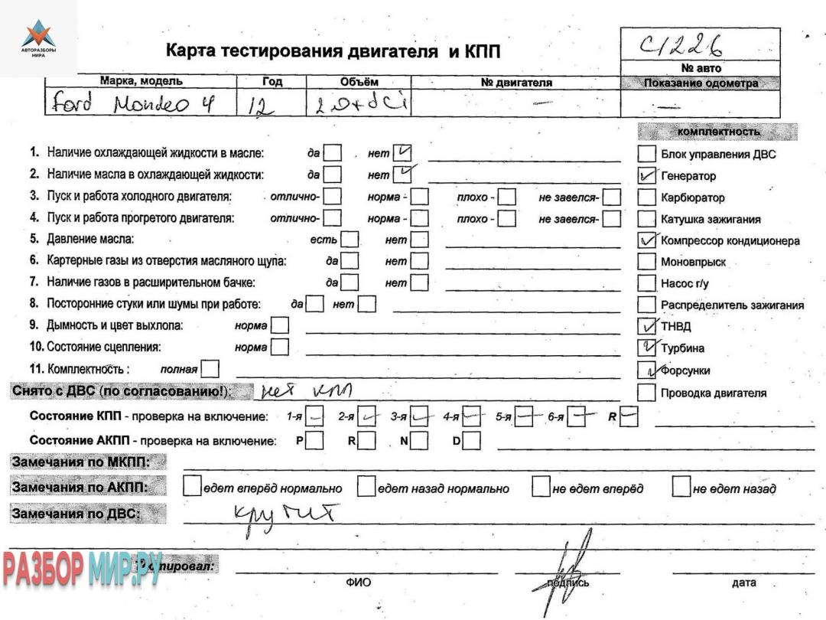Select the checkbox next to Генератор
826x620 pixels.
647,176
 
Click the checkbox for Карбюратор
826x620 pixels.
647,197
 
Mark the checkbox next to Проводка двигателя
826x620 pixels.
647,393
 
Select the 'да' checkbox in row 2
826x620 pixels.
333,175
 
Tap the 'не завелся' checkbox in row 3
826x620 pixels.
612,197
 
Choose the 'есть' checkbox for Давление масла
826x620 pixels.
350,240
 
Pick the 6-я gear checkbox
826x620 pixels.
579,417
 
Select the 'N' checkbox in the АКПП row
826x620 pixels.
419,441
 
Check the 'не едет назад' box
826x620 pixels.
681,487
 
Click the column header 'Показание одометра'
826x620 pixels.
701,83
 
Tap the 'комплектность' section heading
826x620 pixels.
718,132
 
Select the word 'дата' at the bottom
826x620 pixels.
743,583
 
